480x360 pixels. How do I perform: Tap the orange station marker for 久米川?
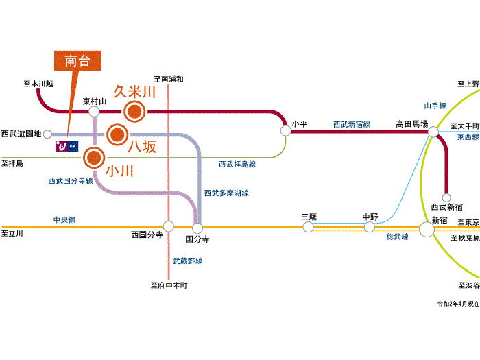(134, 110)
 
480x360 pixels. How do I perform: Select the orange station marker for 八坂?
(118, 134)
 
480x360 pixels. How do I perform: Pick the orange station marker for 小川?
(94, 158)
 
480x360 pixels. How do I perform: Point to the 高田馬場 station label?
(411, 124)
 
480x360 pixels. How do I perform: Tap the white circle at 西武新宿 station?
(446, 197)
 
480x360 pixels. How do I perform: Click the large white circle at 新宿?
(427, 228)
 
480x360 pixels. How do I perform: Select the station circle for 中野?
(370, 227)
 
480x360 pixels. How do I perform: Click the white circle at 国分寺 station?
(197, 227)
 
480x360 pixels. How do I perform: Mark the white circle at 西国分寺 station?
(168, 226)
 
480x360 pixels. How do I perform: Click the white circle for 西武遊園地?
(47, 134)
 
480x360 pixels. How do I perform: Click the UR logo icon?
(67, 146)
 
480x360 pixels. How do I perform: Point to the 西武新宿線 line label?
(351, 124)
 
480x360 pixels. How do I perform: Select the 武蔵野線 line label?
(187, 261)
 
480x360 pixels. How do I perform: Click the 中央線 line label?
(64, 220)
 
